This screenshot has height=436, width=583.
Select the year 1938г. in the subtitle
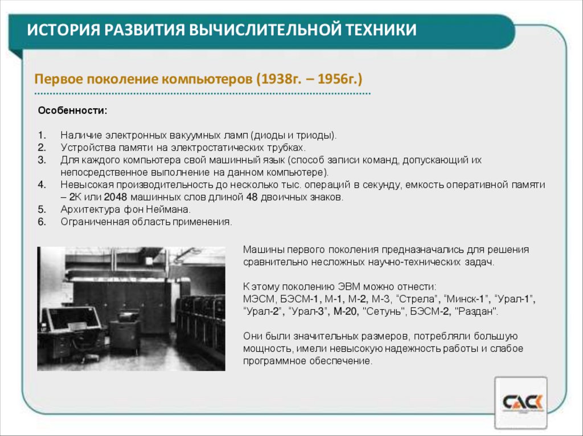pyautogui.click(x=282, y=79)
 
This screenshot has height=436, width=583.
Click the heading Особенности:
pyautogui.click(x=72, y=110)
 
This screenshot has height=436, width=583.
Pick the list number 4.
pyautogui.click(x=42, y=185)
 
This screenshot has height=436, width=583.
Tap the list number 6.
pyautogui.click(x=42, y=222)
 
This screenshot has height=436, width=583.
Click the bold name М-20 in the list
pyautogui.click(x=346, y=311)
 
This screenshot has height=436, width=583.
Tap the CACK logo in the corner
pyautogui.click(x=522, y=402)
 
